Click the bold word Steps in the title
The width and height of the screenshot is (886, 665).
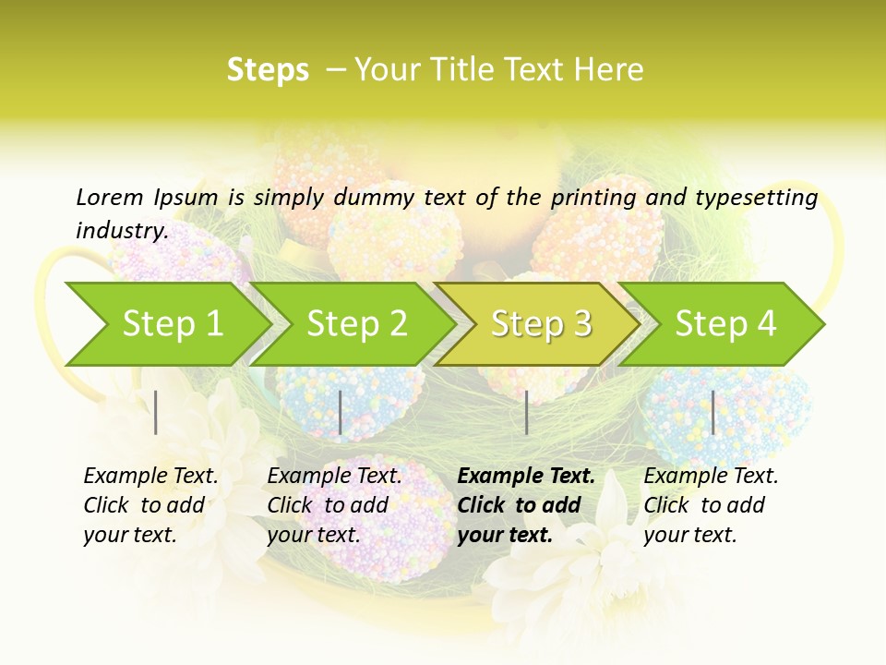pyautogui.click(x=268, y=70)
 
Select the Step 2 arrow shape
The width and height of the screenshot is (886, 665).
pyautogui.click(x=356, y=324)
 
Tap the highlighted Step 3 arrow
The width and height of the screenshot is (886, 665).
pyautogui.click(x=541, y=324)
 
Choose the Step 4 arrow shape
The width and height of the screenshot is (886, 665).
pyautogui.click(x=725, y=324)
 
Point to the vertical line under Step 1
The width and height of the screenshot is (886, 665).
pyautogui.click(x=156, y=412)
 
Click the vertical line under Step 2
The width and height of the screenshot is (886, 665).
pyautogui.click(x=341, y=412)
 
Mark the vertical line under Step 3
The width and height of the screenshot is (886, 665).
pyautogui.click(x=526, y=412)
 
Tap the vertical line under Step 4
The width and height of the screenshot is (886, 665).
pyautogui.click(x=712, y=412)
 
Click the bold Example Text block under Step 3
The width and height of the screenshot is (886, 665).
pyautogui.click(x=526, y=505)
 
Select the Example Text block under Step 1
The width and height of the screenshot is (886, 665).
pyautogui.click(x=150, y=505)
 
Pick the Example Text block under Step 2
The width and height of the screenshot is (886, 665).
pyautogui.click(x=334, y=505)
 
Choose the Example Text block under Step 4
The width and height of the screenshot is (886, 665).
pyautogui.click(x=711, y=505)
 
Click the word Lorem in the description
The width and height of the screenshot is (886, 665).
pyautogui.click(x=109, y=197)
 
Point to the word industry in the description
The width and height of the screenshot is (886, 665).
pyautogui.click(x=121, y=230)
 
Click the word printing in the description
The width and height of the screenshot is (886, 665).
pyautogui.click(x=591, y=197)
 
